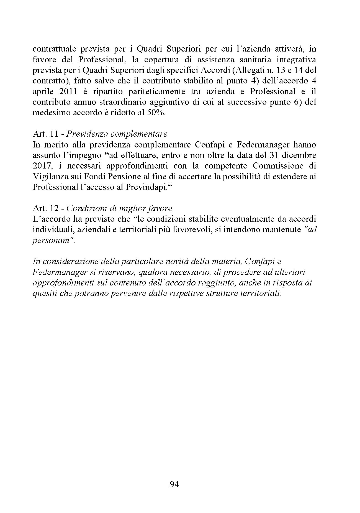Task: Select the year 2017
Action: point(41,166)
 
